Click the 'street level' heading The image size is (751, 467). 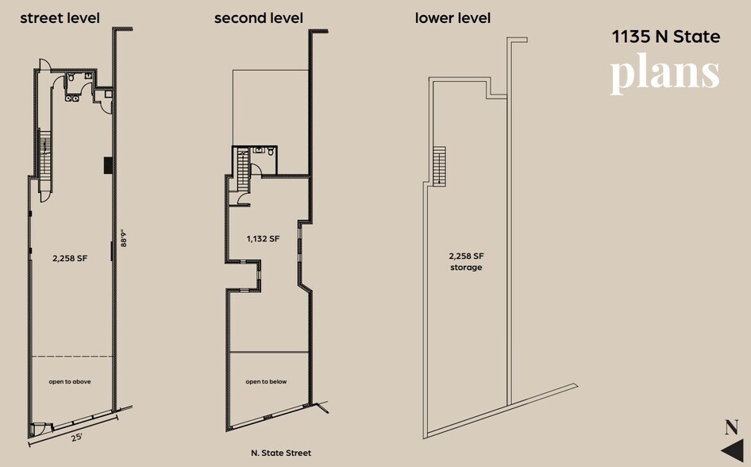point(60,17)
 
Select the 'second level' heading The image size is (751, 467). point(258,17)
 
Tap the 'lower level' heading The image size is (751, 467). point(453,17)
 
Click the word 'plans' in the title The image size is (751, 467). point(664,73)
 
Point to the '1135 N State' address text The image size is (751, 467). point(665,37)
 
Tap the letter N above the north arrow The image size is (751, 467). point(731,427)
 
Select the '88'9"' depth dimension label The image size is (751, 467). point(124,239)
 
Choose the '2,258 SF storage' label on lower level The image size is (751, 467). point(466,261)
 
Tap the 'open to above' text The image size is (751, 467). point(70,382)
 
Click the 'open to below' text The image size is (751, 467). point(266,382)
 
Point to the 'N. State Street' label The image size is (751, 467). point(281,453)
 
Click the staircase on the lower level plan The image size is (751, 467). point(439,165)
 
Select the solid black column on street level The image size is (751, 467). point(106,165)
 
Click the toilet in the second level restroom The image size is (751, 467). point(270,151)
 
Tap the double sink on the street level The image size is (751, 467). point(71,99)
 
